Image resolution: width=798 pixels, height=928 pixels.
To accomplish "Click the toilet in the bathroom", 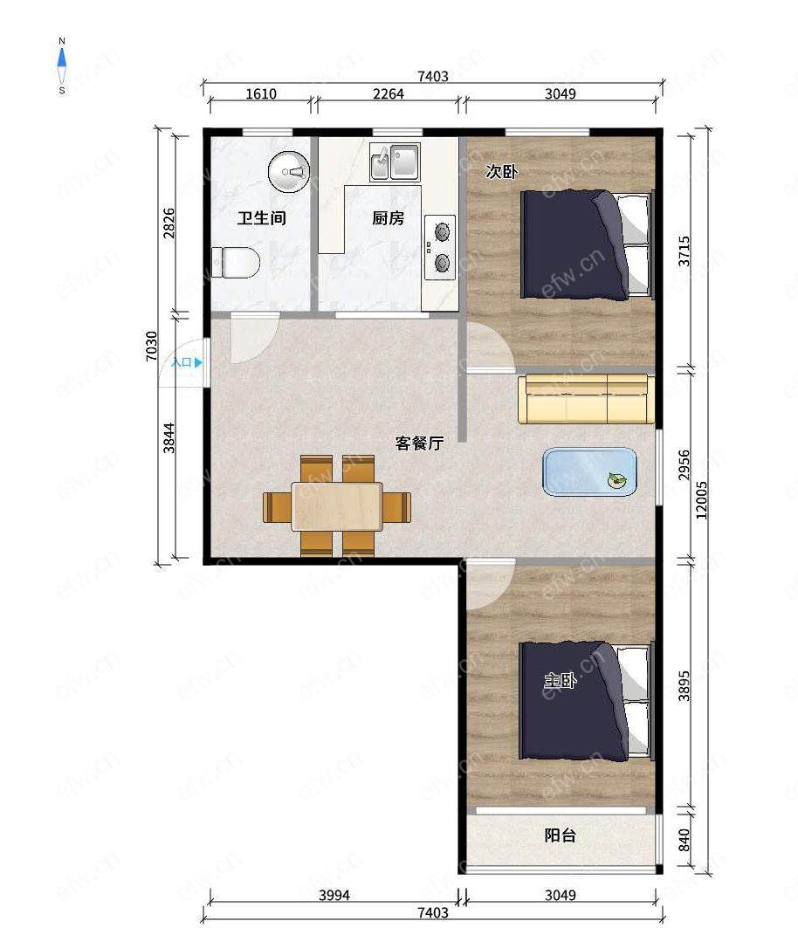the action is point(236,262).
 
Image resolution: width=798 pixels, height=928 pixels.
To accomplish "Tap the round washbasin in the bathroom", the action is point(289,172).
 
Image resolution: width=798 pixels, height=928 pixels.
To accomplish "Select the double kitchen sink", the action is point(395,162).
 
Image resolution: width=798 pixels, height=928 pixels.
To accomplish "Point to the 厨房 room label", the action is point(388,217).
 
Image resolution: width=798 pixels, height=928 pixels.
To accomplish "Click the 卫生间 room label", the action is point(262,217).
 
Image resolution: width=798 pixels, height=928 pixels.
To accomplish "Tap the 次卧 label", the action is point(501,172).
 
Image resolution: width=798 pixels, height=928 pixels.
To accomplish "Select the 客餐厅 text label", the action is point(419,443).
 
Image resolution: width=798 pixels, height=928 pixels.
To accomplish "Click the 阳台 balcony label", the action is point(560,835).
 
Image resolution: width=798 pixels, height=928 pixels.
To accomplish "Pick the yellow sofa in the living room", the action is point(587,399).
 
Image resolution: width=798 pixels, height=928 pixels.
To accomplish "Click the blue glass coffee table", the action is point(589,471).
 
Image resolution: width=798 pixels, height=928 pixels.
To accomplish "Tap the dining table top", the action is point(337,506).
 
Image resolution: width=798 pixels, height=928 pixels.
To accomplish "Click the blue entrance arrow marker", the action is point(198,362).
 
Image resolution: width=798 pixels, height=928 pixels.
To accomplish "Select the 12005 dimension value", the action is point(701,501).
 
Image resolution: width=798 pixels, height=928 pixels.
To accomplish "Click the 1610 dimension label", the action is point(261,93).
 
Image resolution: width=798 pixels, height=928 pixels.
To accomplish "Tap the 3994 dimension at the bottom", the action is point(334,895).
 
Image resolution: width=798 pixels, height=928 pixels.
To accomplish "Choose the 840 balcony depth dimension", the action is point(684,840).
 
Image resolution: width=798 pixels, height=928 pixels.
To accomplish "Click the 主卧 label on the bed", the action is point(560,681).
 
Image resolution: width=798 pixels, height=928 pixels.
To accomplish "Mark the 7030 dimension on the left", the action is point(152,347).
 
